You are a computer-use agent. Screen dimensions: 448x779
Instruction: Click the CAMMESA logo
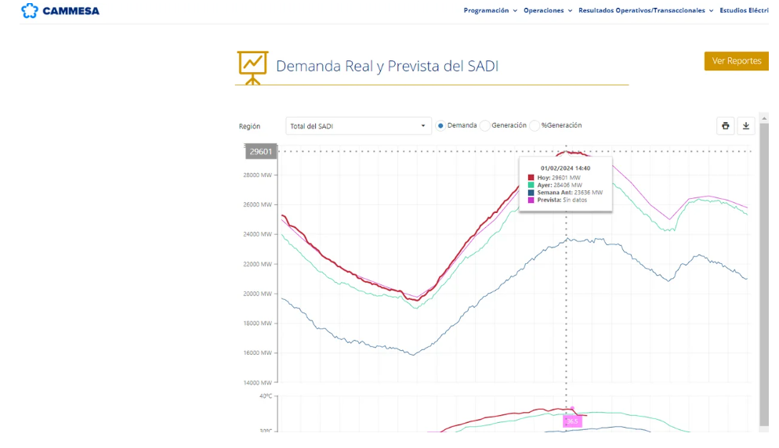click(x=60, y=11)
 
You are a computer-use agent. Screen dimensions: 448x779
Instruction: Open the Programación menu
click(x=490, y=11)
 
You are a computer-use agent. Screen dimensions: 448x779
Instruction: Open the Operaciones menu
click(x=548, y=11)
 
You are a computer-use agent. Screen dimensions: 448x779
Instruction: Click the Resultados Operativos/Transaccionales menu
click(x=646, y=11)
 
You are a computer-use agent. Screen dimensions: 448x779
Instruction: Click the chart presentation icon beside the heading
click(x=252, y=68)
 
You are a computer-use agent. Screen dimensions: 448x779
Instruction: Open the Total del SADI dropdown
click(x=358, y=126)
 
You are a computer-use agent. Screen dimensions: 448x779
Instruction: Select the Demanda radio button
click(x=440, y=126)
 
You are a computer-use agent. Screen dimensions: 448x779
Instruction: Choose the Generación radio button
click(x=485, y=126)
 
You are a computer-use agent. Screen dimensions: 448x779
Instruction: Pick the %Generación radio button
click(x=534, y=126)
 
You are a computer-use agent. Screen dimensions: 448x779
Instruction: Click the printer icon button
click(x=726, y=126)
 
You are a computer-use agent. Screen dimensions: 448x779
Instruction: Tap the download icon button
click(x=746, y=126)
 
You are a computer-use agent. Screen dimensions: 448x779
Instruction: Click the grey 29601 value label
click(x=261, y=151)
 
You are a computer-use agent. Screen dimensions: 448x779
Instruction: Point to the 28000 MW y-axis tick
click(x=257, y=175)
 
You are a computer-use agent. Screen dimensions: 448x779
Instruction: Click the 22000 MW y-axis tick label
click(x=257, y=264)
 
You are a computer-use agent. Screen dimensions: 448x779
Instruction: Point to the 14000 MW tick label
click(x=257, y=382)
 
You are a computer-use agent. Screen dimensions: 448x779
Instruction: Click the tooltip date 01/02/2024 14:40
click(x=565, y=168)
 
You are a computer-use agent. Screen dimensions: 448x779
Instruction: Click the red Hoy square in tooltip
click(x=531, y=178)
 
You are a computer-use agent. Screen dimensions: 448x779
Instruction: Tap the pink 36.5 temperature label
click(x=572, y=421)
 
